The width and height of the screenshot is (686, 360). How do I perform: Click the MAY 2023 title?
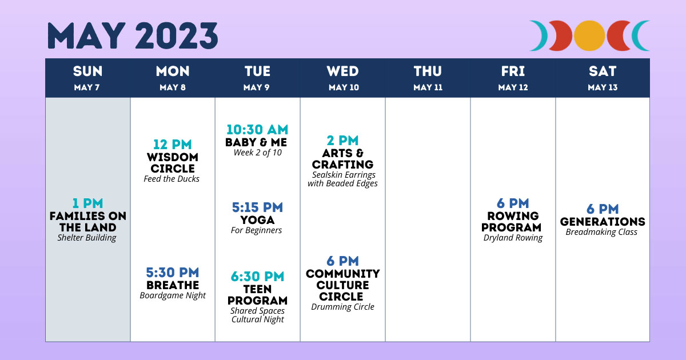point(133,36)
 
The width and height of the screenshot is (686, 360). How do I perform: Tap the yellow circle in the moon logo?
point(589,35)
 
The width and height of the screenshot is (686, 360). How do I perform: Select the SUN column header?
point(87,71)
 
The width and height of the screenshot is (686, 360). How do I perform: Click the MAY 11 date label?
point(428,87)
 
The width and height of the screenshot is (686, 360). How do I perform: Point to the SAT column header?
point(603,71)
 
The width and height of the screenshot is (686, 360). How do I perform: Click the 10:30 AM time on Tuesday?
point(257,130)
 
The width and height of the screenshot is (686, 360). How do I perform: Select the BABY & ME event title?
point(256,142)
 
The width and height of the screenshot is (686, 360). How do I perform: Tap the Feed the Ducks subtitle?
point(171,179)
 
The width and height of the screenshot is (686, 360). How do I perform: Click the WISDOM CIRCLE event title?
point(173,163)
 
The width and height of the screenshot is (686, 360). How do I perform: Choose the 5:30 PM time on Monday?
point(173,273)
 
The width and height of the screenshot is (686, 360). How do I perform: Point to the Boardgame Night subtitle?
point(173,296)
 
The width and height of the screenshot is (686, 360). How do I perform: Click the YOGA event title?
point(257,220)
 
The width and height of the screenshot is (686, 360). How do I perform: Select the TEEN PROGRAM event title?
point(257,295)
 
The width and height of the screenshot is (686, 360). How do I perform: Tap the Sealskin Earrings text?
point(344,175)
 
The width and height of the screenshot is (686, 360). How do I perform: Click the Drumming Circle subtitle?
point(342,307)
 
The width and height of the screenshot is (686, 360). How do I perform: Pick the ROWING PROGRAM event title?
point(512,222)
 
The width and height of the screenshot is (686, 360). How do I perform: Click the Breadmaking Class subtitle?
point(601,232)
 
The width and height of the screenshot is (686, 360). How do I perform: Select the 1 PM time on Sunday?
point(87,203)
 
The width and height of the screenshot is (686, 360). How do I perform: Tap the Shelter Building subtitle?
point(87,238)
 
